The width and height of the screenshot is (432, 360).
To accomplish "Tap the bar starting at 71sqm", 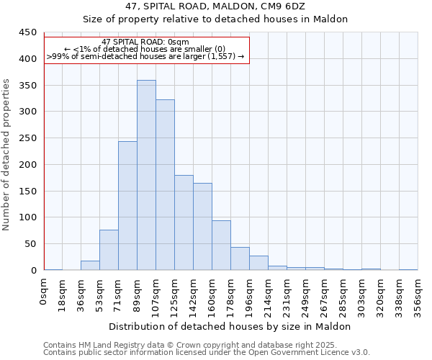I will click(x=127, y=206).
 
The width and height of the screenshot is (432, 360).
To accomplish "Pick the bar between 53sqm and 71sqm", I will click(x=109, y=250).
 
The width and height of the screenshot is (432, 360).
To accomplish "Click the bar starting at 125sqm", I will click(x=184, y=222).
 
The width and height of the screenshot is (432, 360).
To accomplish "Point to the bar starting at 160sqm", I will click(x=221, y=246).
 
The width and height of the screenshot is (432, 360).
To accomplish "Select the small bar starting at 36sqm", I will click(x=90, y=266).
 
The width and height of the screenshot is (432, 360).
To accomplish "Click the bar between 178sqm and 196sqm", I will click(x=240, y=259).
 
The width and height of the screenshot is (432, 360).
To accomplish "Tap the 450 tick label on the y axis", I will click(x=29, y=32).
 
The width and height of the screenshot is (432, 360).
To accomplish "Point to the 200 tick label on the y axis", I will click(x=29, y=165).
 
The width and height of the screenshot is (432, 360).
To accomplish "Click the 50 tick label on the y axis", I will click(x=32, y=244).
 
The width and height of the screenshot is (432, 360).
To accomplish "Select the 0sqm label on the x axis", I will click(x=44, y=292).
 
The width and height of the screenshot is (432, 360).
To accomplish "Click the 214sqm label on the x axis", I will click(x=268, y=295).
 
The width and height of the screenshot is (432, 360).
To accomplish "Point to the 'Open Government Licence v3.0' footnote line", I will click(x=207, y=353).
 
